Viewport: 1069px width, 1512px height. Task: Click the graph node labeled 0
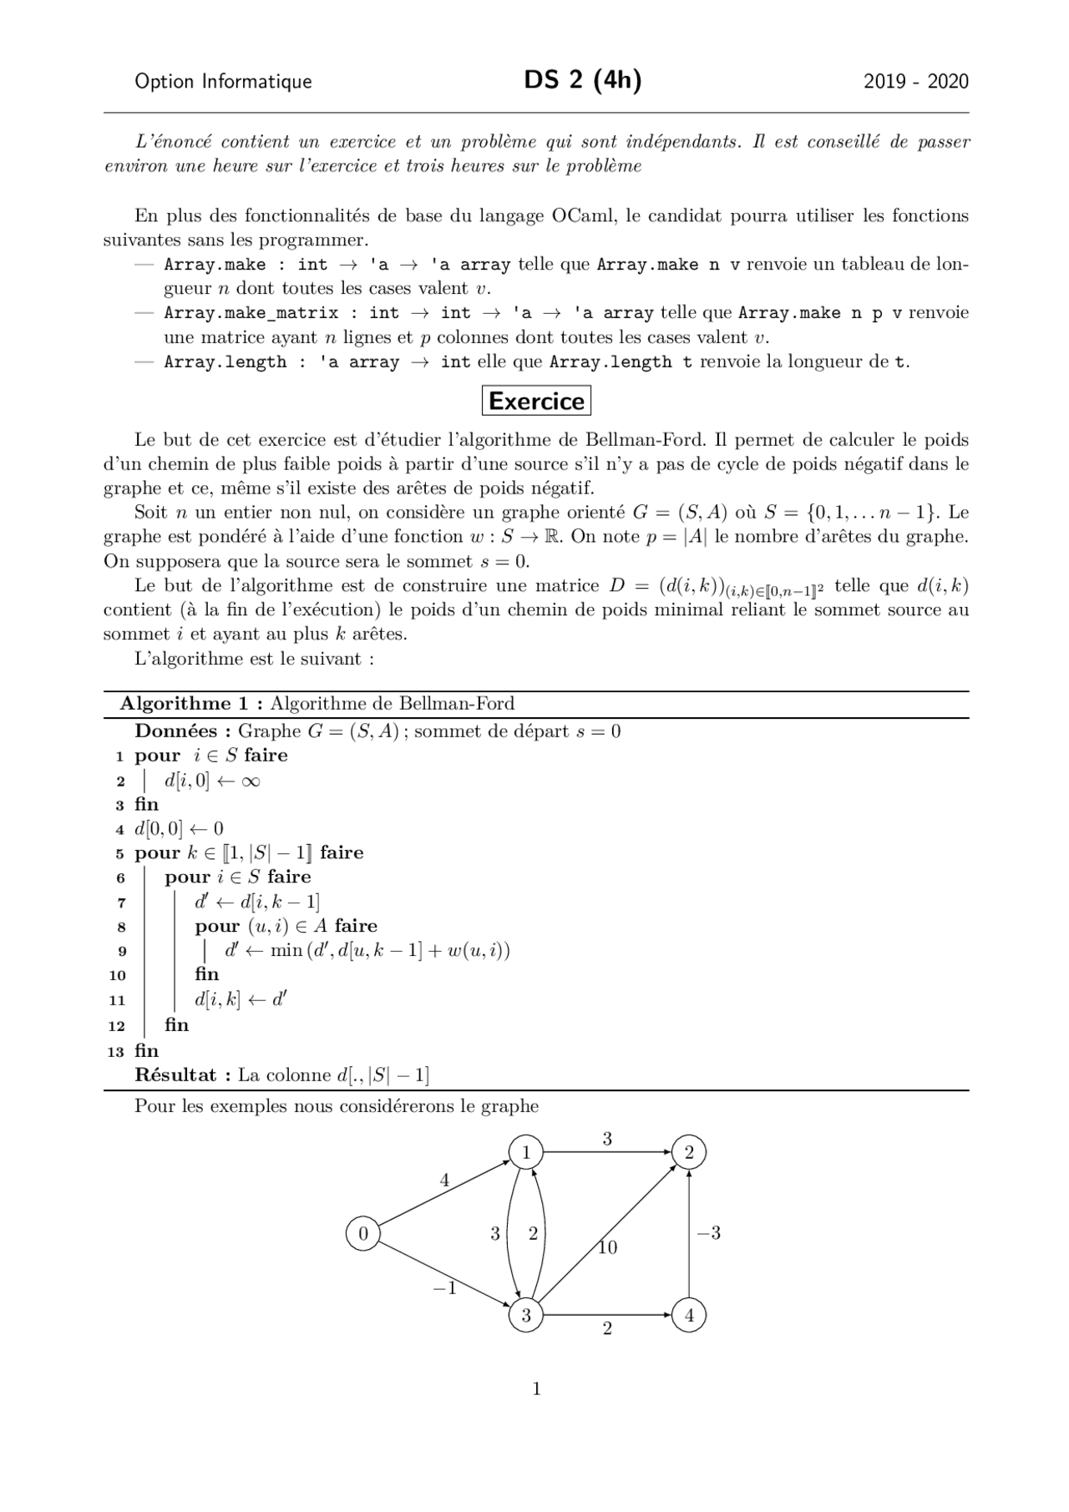[x=363, y=1233]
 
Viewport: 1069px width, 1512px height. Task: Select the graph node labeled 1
[x=526, y=1153]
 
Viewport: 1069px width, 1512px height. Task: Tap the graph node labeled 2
[x=689, y=1153]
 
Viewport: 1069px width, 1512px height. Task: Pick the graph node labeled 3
[x=526, y=1316]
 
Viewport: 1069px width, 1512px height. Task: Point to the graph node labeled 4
[x=689, y=1316]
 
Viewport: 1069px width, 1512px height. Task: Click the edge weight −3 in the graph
[x=708, y=1233]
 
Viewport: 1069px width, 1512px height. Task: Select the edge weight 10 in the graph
[x=607, y=1248]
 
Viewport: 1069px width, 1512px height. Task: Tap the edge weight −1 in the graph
[x=444, y=1288]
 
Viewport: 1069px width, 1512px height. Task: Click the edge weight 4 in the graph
[x=444, y=1181]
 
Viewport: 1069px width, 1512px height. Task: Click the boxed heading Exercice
[x=536, y=401]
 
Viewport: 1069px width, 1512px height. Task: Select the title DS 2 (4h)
[x=583, y=80]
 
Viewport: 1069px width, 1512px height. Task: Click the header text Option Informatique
[x=223, y=81]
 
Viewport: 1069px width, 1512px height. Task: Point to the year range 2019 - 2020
[x=916, y=81]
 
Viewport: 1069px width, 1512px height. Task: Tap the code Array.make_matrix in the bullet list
[x=251, y=313]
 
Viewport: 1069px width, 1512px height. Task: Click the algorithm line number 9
[x=122, y=951]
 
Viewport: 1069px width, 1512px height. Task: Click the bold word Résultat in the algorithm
[x=175, y=1075]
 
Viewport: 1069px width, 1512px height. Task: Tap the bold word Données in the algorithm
[x=176, y=731]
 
